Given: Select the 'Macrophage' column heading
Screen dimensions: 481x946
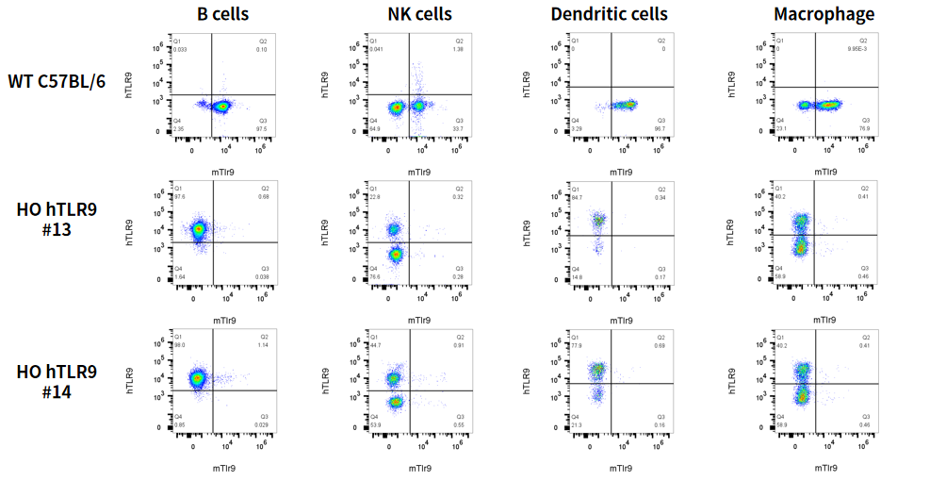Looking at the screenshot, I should (824, 14).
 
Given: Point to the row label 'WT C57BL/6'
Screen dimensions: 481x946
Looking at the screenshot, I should (57, 81).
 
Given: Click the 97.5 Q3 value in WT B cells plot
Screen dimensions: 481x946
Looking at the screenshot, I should (262, 128).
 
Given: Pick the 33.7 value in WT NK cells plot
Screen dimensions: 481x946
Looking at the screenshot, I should (459, 128).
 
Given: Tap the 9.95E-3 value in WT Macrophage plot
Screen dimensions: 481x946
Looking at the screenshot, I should (856, 48).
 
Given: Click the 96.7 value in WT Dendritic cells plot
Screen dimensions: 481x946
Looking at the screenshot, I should (661, 128).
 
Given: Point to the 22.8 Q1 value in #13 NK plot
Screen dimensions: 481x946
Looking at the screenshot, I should (375, 196).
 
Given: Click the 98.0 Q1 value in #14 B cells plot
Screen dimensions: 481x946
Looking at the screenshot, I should (179, 344).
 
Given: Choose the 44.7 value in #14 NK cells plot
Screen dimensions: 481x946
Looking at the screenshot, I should (375, 344).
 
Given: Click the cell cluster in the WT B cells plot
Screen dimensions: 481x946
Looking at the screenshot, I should (220, 107).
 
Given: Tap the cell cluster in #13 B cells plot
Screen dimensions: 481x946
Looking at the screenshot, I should (199, 229).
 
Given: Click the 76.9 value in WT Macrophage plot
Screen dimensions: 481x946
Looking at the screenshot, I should (865, 128).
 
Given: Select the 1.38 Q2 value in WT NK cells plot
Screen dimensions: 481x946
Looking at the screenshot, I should (460, 48).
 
